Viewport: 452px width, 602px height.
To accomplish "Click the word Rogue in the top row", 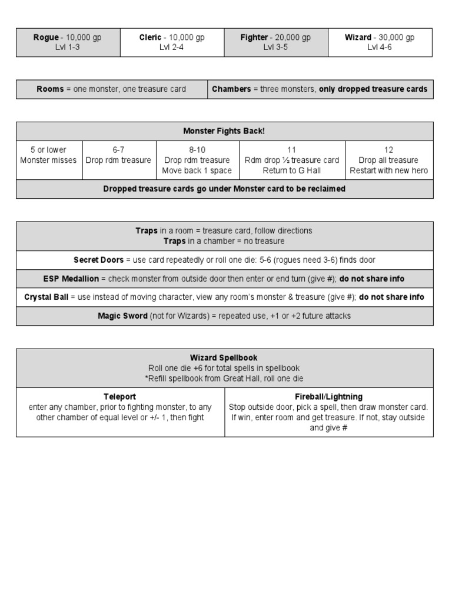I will coord(46,38).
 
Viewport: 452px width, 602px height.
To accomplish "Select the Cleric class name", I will coord(150,38).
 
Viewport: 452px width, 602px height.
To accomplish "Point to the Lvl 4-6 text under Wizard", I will coord(380,48).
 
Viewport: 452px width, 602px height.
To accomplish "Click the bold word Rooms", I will coord(50,89).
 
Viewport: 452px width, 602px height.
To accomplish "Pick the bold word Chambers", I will coord(231,89).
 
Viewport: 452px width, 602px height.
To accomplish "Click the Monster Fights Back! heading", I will coord(224,131).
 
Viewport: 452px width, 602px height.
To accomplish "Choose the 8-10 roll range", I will coord(197,150).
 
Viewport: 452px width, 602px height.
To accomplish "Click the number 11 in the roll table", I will coord(292,150).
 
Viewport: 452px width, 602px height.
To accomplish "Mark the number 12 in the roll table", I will coord(388,150).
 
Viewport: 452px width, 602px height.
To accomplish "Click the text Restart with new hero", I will coord(388,170).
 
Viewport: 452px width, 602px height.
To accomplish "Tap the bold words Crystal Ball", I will coord(46,297).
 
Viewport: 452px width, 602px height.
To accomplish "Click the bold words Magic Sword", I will coord(122,316).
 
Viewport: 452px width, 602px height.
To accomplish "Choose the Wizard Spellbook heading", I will coord(224,357).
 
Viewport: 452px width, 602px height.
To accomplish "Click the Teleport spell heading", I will coord(120,397).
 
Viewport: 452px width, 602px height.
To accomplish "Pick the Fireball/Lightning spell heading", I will coord(328,397).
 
